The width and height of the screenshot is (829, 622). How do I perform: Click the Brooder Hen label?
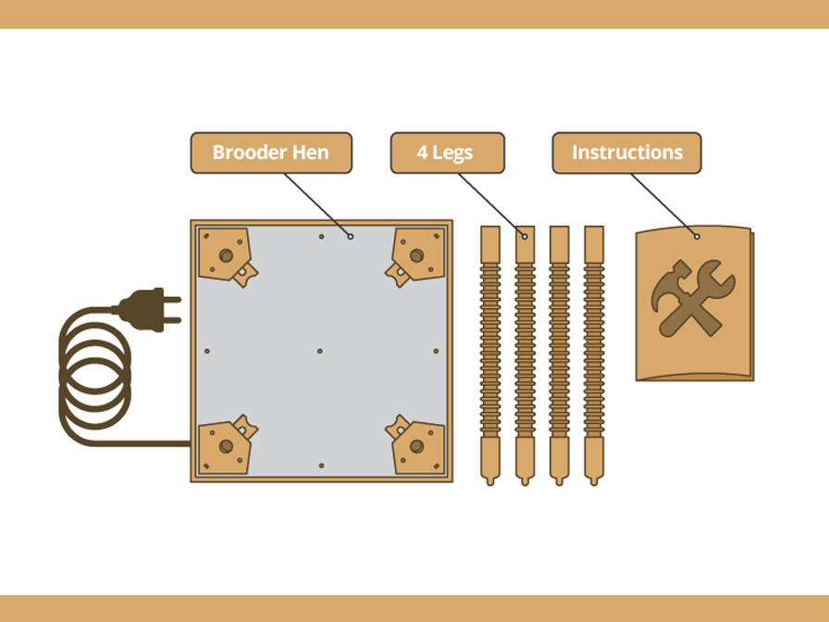point(271,153)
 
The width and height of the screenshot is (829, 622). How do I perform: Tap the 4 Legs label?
point(447,153)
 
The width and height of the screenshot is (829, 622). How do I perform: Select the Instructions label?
point(626,153)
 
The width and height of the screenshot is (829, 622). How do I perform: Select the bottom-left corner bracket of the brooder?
point(226,445)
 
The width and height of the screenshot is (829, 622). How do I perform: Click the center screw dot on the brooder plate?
point(320,351)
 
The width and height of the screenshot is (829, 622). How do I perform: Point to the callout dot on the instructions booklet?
point(696,236)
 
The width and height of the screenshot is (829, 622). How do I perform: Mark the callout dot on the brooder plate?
point(351,236)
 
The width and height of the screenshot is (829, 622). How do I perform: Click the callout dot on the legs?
point(525,236)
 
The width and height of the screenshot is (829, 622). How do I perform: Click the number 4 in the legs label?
point(422,153)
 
